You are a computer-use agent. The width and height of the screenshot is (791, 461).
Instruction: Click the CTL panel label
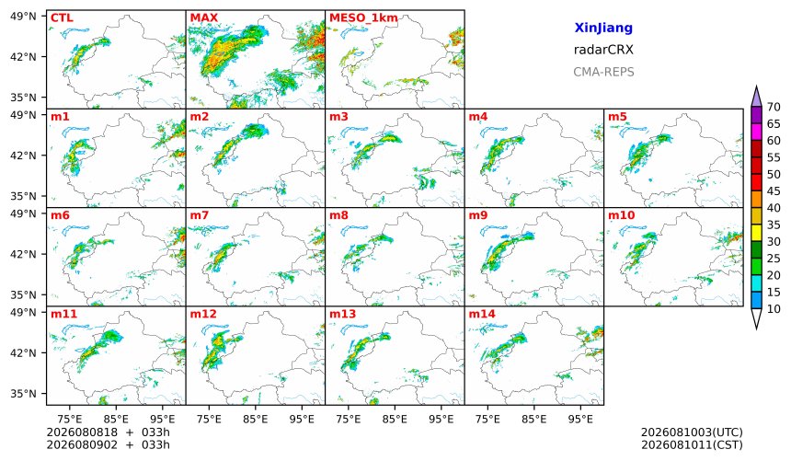(62, 18)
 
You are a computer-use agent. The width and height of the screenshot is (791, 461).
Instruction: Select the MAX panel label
(204, 18)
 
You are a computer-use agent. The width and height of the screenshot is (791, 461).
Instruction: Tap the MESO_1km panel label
(363, 18)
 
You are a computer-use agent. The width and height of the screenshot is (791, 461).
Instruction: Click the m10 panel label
(621, 215)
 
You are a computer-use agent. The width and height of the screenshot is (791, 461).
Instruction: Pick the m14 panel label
(482, 314)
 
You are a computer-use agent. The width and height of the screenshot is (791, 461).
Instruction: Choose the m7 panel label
(200, 215)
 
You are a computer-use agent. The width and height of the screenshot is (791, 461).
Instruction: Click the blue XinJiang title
(603, 29)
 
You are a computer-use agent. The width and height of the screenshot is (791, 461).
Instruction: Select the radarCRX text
(603, 50)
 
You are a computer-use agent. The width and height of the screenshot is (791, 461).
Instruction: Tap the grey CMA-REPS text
(603, 72)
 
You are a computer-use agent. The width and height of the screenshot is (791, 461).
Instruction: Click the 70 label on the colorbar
(774, 107)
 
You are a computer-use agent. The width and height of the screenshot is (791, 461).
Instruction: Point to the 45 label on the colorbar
(774, 191)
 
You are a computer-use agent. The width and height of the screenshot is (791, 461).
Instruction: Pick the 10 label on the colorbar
(774, 309)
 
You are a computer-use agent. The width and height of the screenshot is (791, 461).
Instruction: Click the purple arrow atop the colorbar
(756, 97)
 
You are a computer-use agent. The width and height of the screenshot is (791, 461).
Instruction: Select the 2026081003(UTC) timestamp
(692, 432)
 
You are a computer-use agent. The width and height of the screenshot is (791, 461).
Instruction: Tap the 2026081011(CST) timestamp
(692, 445)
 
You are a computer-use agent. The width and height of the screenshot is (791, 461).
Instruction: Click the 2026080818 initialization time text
(82, 432)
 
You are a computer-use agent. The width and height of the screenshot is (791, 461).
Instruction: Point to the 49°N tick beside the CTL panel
(23, 17)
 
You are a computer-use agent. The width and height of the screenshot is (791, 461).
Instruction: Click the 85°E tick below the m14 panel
(534, 419)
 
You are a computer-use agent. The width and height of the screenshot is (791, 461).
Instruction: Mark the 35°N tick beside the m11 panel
(23, 394)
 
